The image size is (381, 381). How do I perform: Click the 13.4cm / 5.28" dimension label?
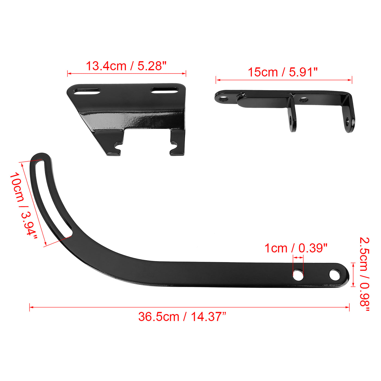126,66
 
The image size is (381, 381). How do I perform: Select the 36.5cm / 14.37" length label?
182,317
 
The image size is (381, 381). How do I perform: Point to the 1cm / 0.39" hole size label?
296,248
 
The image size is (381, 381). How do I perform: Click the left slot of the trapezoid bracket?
87,91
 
